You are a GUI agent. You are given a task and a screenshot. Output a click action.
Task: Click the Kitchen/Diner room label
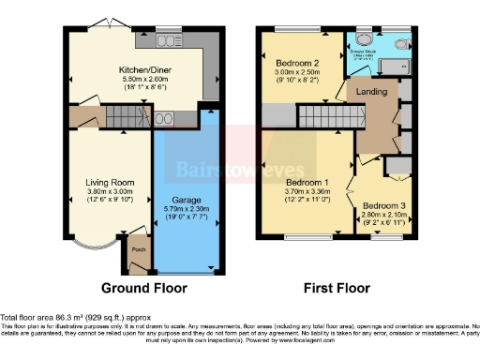click(x=143, y=68)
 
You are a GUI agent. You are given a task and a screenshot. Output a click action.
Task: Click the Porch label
click(x=138, y=249)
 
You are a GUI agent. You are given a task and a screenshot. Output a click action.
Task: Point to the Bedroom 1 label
click(x=307, y=181)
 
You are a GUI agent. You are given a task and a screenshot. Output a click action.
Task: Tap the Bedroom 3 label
click(x=383, y=204)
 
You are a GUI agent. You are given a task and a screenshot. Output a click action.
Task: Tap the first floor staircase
click(x=328, y=117)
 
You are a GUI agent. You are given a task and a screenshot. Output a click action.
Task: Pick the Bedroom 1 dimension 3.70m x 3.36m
click(x=307, y=190)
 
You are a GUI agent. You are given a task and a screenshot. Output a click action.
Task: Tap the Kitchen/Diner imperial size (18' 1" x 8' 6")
click(x=143, y=87)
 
